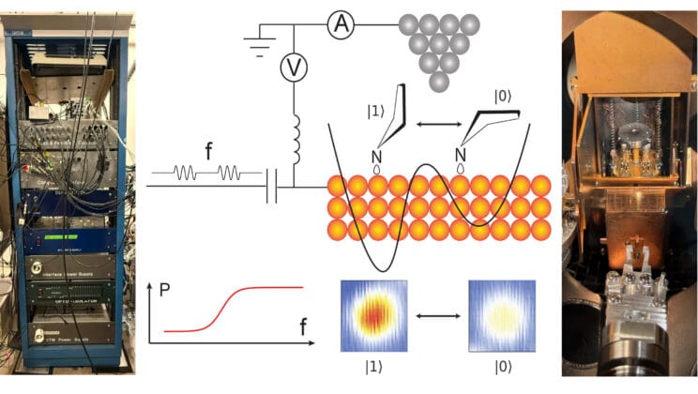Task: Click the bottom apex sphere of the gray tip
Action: point(436,82)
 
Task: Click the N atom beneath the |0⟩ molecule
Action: point(460,154)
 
